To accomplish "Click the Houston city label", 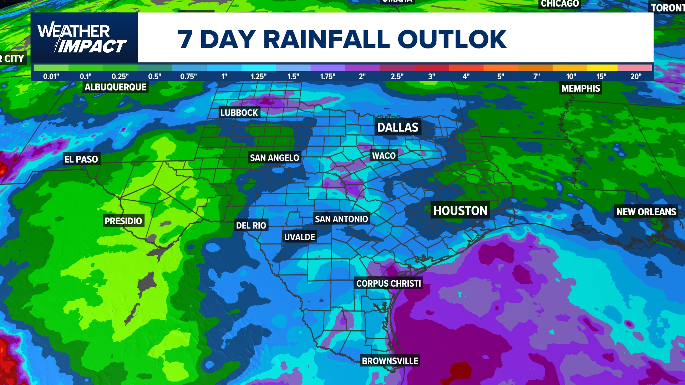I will pos(460,211).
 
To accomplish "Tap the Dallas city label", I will pos(398,127).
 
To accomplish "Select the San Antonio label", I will pos(341,219).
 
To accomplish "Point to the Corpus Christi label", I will pos(389,283).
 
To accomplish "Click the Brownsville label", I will pos(390,361).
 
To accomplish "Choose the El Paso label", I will pos(81,159).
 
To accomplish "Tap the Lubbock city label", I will pos(239,113).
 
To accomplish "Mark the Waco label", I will pos(384,155).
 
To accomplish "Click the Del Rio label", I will pos(251,225).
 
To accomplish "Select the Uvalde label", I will pos(300,237).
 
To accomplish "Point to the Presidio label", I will pos(123,221).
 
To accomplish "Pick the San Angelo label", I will pos(274,158).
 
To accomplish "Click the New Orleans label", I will pos(646,212).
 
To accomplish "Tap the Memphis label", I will pos(581,88).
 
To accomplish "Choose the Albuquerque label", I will pos(116,87).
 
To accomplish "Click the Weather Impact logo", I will pos(83,38).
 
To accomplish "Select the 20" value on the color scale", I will pos(636,76).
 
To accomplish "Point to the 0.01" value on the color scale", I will pos(51,76).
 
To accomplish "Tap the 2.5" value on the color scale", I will pos(397,76).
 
